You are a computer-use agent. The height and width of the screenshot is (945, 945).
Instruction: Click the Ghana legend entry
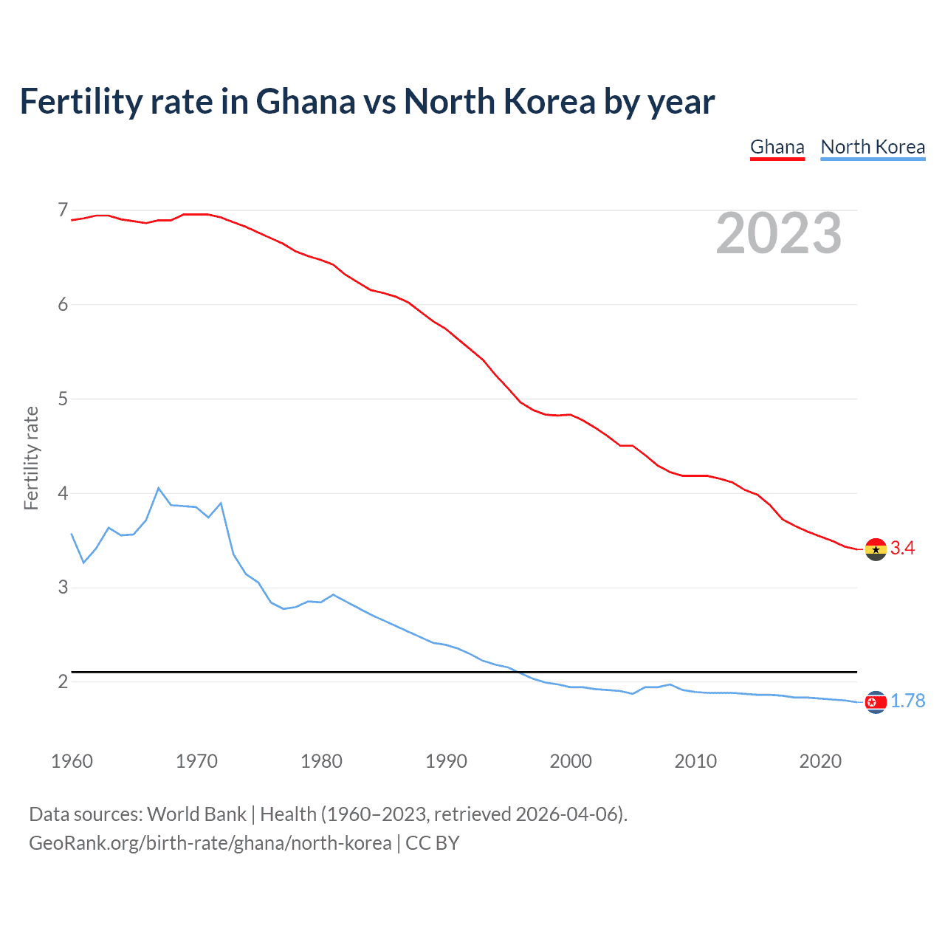point(777,147)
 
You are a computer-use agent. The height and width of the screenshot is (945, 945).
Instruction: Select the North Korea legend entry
point(873,147)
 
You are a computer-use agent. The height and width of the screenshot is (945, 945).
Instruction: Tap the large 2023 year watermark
point(779,233)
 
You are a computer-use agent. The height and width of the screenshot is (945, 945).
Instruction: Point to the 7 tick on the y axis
point(63,210)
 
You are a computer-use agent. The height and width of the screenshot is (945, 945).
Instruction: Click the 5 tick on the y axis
point(63,399)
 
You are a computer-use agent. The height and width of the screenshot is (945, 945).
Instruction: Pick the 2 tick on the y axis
point(63,681)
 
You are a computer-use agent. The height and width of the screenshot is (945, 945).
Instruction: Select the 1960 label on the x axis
point(72,761)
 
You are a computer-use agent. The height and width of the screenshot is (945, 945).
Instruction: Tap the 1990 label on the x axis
point(446,761)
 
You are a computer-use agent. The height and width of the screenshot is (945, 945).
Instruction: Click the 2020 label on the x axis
point(820,761)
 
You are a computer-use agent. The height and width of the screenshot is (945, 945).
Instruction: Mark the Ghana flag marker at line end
point(876,549)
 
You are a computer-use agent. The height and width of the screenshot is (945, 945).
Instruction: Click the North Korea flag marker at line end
point(876,702)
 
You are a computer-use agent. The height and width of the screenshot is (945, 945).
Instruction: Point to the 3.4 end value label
point(902,548)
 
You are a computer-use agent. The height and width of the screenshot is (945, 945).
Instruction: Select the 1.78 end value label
point(907,701)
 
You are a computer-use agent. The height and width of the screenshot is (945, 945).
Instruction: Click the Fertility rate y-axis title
point(31,458)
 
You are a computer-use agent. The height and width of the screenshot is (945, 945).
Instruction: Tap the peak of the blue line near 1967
point(158,488)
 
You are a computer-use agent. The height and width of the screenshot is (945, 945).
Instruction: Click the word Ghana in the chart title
point(305,102)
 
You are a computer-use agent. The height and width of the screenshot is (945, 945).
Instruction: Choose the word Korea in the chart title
point(549,102)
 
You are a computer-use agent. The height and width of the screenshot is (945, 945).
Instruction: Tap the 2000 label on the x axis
point(571,761)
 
